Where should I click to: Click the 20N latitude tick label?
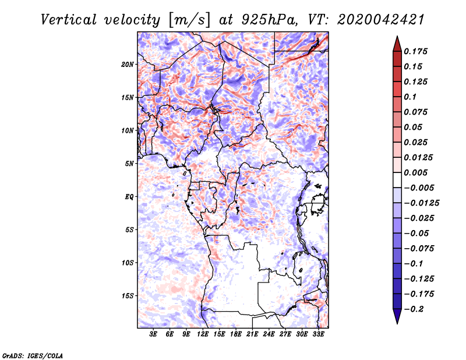pyautogui.click(x=128, y=65)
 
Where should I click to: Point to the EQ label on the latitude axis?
pyautogui.click(x=129, y=197)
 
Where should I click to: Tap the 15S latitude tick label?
pyautogui.click(x=128, y=296)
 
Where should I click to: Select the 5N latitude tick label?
pyautogui.click(x=129, y=164)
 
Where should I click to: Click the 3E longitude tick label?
pyautogui.click(x=153, y=334)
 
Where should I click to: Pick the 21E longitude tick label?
pyautogui.click(x=252, y=334)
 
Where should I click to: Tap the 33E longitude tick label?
pyautogui.click(x=318, y=334)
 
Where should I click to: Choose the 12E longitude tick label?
pyautogui.click(x=203, y=334)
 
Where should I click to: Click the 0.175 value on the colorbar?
pyautogui.click(x=415, y=51)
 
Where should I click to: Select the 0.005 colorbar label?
pyautogui.click(x=415, y=172)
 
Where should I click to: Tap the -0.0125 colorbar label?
pyautogui.click(x=421, y=203)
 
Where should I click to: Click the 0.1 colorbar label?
pyautogui.click(x=410, y=97)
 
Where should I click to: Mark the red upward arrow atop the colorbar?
pyautogui.click(x=397, y=44)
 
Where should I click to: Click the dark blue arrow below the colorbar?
pyautogui.click(x=397, y=316)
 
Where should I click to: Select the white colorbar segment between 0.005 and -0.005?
pyautogui.click(x=397, y=180)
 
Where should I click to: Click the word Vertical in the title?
pyautogui.click(x=69, y=20)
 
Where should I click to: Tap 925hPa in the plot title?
pyautogui.click(x=270, y=20)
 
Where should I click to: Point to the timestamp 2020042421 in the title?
pyautogui.click(x=381, y=20)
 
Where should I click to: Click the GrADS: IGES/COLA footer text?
pyautogui.click(x=33, y=355)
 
